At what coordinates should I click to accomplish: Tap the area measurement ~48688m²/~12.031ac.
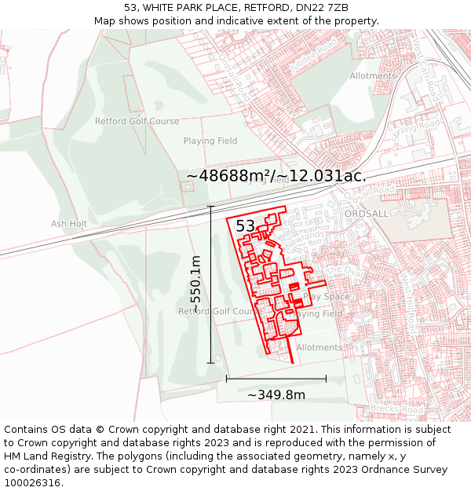(276, 175)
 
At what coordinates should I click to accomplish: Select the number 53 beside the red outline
(246, 226)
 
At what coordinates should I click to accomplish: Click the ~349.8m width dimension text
(276, 395)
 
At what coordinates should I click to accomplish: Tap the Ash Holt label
(69, 223)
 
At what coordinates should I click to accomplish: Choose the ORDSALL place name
(366, 214)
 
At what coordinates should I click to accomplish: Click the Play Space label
(327, 297)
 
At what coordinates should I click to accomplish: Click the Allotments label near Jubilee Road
(374, 76)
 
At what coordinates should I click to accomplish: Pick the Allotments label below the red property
(319, 347)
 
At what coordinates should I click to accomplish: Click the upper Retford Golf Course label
(137, 121)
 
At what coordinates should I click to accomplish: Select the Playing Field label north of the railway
(210, 141)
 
